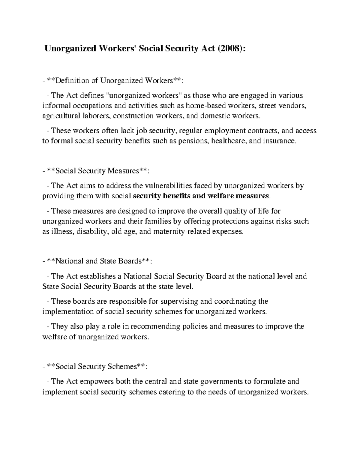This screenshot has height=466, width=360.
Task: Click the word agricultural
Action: pyautogui.click(x=61, y=116)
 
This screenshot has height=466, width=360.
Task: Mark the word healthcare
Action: pyautogui.click(x=229, y=141)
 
